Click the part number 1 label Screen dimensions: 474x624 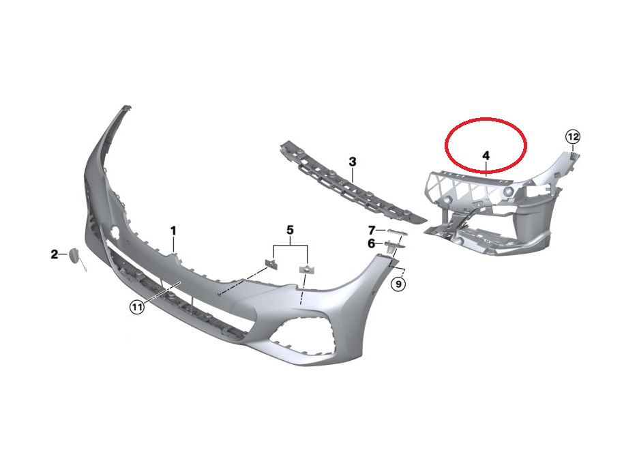[173, 231]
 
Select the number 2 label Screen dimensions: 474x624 [54, 255]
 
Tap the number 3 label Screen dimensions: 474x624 [353, 162]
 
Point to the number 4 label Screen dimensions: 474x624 [486, 156]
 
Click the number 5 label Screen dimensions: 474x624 [290, 229]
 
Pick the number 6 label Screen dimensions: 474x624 [372, 243]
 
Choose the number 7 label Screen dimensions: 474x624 [372, 230]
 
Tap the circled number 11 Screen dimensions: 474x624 [137, 308]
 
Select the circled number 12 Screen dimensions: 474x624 [573, 136]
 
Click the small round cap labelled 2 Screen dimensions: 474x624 [73, 256]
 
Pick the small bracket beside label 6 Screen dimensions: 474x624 [393, 245]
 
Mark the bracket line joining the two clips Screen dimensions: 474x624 [290, 246]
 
